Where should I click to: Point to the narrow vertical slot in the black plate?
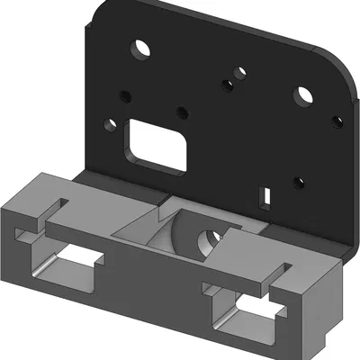click(x=265, y=193)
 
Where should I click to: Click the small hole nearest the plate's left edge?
click(x=110, y=125)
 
